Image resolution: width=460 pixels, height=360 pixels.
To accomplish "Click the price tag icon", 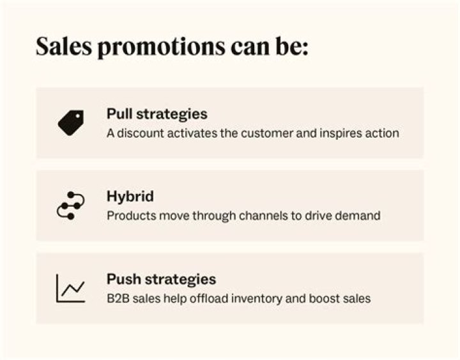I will [70, 123].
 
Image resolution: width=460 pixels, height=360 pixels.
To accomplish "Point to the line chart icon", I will [70, 288].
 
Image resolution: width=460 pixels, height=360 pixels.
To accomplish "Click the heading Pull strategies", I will [157, 114].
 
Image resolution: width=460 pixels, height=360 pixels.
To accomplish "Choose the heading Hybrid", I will [130, 197].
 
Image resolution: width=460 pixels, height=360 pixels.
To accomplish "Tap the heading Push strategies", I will [161, 279].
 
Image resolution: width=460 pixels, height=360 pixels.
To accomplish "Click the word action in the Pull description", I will [381, 133].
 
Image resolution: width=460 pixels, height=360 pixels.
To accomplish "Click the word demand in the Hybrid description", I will [356, 216].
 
